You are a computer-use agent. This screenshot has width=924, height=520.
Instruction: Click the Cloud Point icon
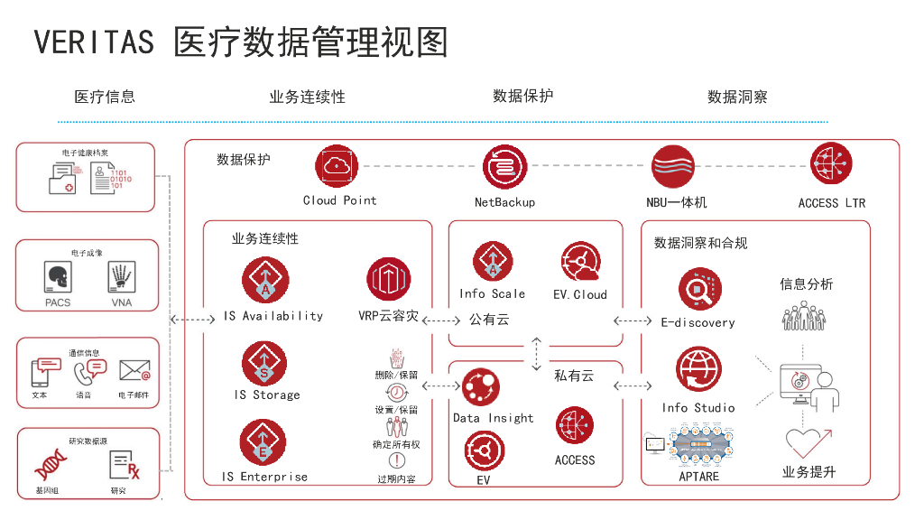pyautogui.click(x=337, y=166)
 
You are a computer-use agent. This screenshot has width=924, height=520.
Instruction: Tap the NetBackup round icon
pyautogui.click(x=504, y=167)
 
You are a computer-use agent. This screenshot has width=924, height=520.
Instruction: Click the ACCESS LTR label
pyautogui.click(x=831, y=203)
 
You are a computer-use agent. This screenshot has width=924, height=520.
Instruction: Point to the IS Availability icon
pyautogui.click(x=265, y=280)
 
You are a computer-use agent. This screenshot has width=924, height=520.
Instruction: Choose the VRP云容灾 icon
pyautogui.click(x=389, y=280)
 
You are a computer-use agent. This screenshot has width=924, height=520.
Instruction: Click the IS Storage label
pyautogui.click(x=267, y=395)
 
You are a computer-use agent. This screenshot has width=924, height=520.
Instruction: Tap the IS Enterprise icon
pyautogui.click(x=263, y=442)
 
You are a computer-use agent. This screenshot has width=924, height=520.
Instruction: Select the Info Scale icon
pyautogui.click(x=493, y=263)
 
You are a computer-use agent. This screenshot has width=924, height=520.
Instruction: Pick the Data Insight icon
pyautogui.click(x=481, y=387)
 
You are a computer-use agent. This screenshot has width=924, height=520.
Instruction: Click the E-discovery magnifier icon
pyautogui.click(x=699, y=291)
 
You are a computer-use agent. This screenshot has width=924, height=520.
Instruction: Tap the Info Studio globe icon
pyautogui.click(x=698, y=369)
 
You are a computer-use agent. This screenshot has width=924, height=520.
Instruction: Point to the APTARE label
pyautogui.click(x=698, y=476)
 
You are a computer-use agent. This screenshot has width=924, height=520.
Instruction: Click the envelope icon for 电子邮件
pyautogui.click(x=134, y=370)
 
